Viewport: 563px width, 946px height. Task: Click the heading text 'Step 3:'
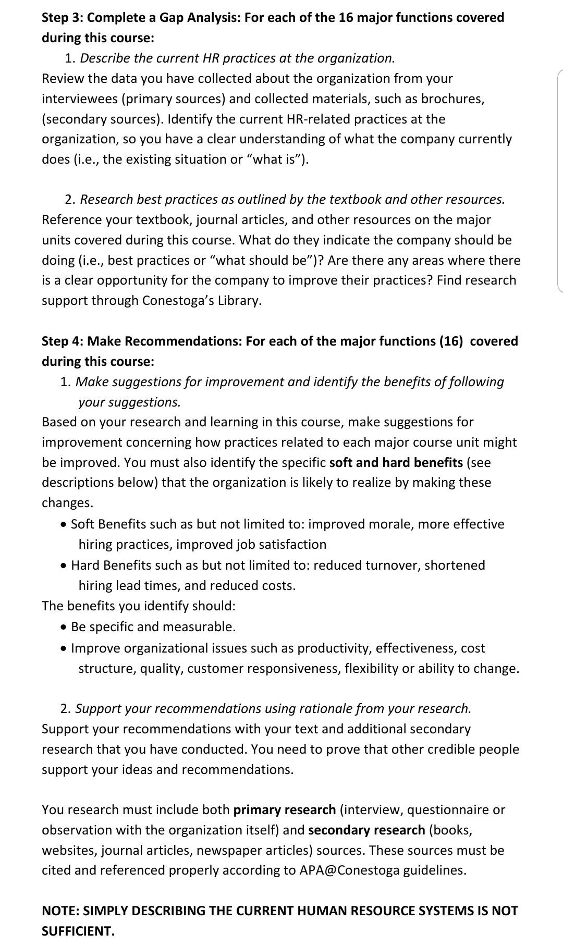[x=63, y=18]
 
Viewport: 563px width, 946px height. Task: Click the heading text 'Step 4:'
[x=63, y=341]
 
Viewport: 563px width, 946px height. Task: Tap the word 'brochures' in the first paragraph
[x=451, y=99]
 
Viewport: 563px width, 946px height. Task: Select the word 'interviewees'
[x=80, y=99]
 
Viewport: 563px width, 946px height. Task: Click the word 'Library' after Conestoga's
[x=238, y=301]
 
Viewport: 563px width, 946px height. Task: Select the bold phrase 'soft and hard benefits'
[x=396, y=463]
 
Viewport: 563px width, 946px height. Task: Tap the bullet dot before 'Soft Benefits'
[x=63, y=524]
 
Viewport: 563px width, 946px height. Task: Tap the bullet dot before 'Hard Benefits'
[x=63, y=566]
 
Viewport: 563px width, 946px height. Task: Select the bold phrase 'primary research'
[x=285, y=810]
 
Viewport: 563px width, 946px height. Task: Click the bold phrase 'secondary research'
[x=367, y=830]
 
